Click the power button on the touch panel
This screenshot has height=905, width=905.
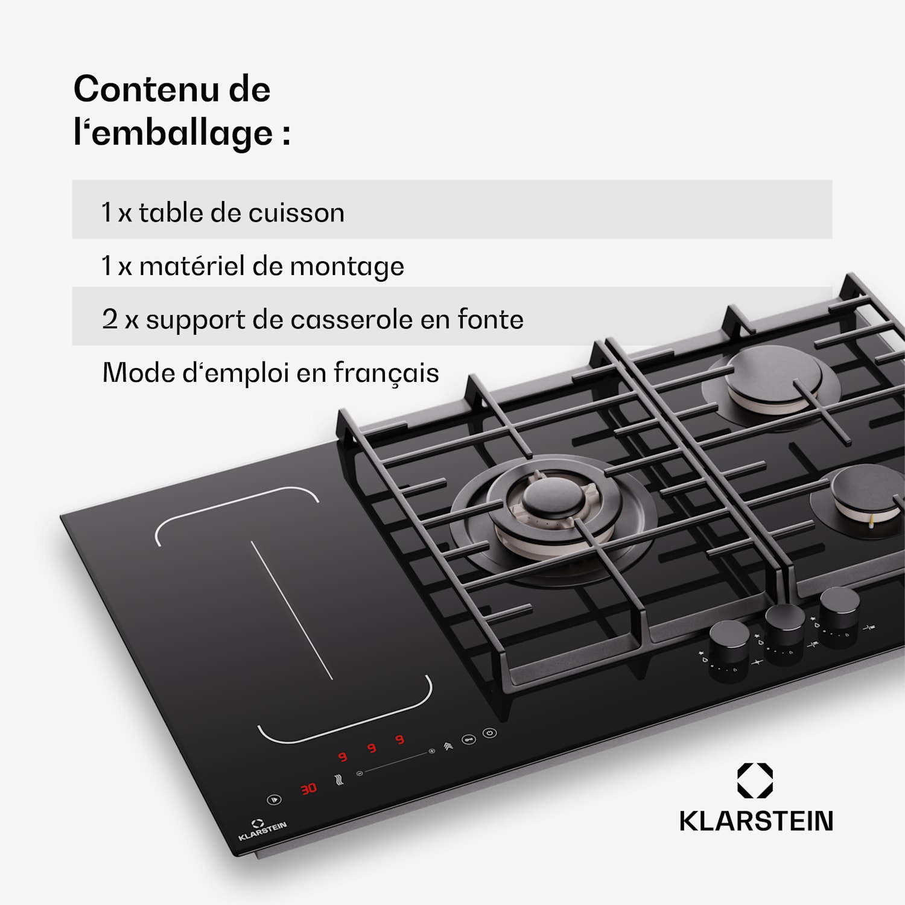pos(489,733)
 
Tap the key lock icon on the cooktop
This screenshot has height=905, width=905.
pos(469,740)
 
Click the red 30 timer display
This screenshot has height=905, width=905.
pos(309,789)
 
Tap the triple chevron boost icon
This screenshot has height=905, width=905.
pos(448,746)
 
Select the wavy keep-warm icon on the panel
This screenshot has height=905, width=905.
pos(340,780)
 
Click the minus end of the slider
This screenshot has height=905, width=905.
pos(360,773)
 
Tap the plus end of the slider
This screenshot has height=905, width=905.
pos(431,752)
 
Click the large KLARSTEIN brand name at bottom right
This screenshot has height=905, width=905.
pos(756,821)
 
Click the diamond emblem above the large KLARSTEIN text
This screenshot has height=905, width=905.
pos(755,781)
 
